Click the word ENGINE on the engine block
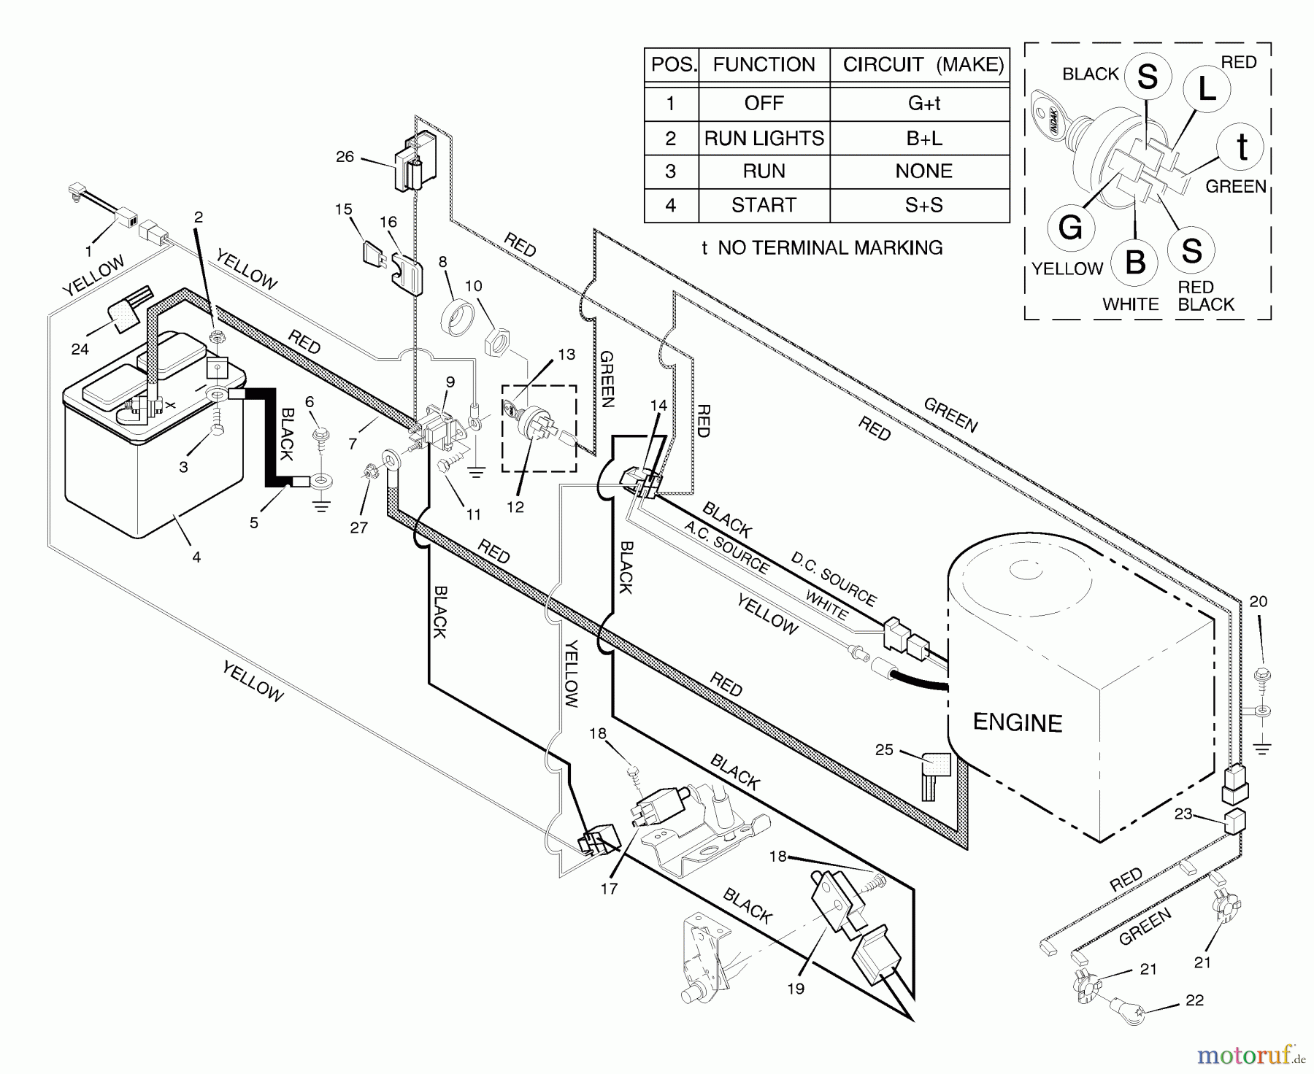pos(1017,722)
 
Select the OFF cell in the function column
pos(764,104)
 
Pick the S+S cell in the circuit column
pos(923,205)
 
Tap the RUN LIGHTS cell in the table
pos(764,138)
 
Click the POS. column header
pos(672,65)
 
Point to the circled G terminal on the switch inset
pos(1070,228)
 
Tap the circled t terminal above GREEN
pos(1242,147)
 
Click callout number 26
pos(345,156)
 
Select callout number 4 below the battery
pos(196,557)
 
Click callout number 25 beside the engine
pos(884,749)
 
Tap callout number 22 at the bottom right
pos(1194,1000)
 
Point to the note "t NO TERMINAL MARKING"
pos(822,248)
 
